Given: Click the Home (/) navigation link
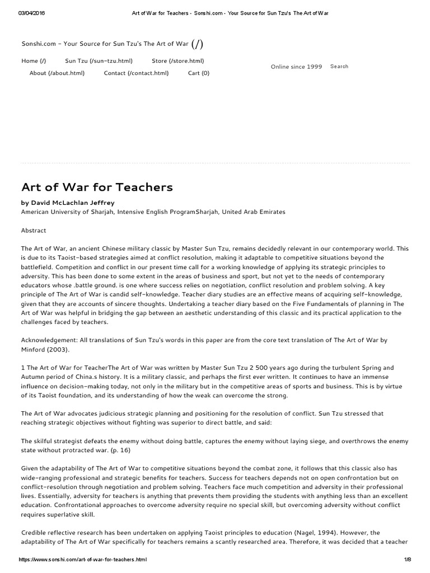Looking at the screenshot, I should coord(34,61).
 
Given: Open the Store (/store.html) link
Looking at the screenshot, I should coord(177,61).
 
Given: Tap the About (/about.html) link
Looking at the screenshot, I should coord(57,73).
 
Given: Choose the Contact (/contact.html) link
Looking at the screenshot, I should coord(136,73).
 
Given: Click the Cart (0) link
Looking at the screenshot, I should coord(199,73).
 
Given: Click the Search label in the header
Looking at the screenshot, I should coord(339,66).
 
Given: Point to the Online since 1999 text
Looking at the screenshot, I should coord(296,67).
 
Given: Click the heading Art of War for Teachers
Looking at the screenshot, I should coord(97,187).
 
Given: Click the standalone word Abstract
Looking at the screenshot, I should coord(34,231).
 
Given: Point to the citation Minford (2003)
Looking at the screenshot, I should coord(44,349).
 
